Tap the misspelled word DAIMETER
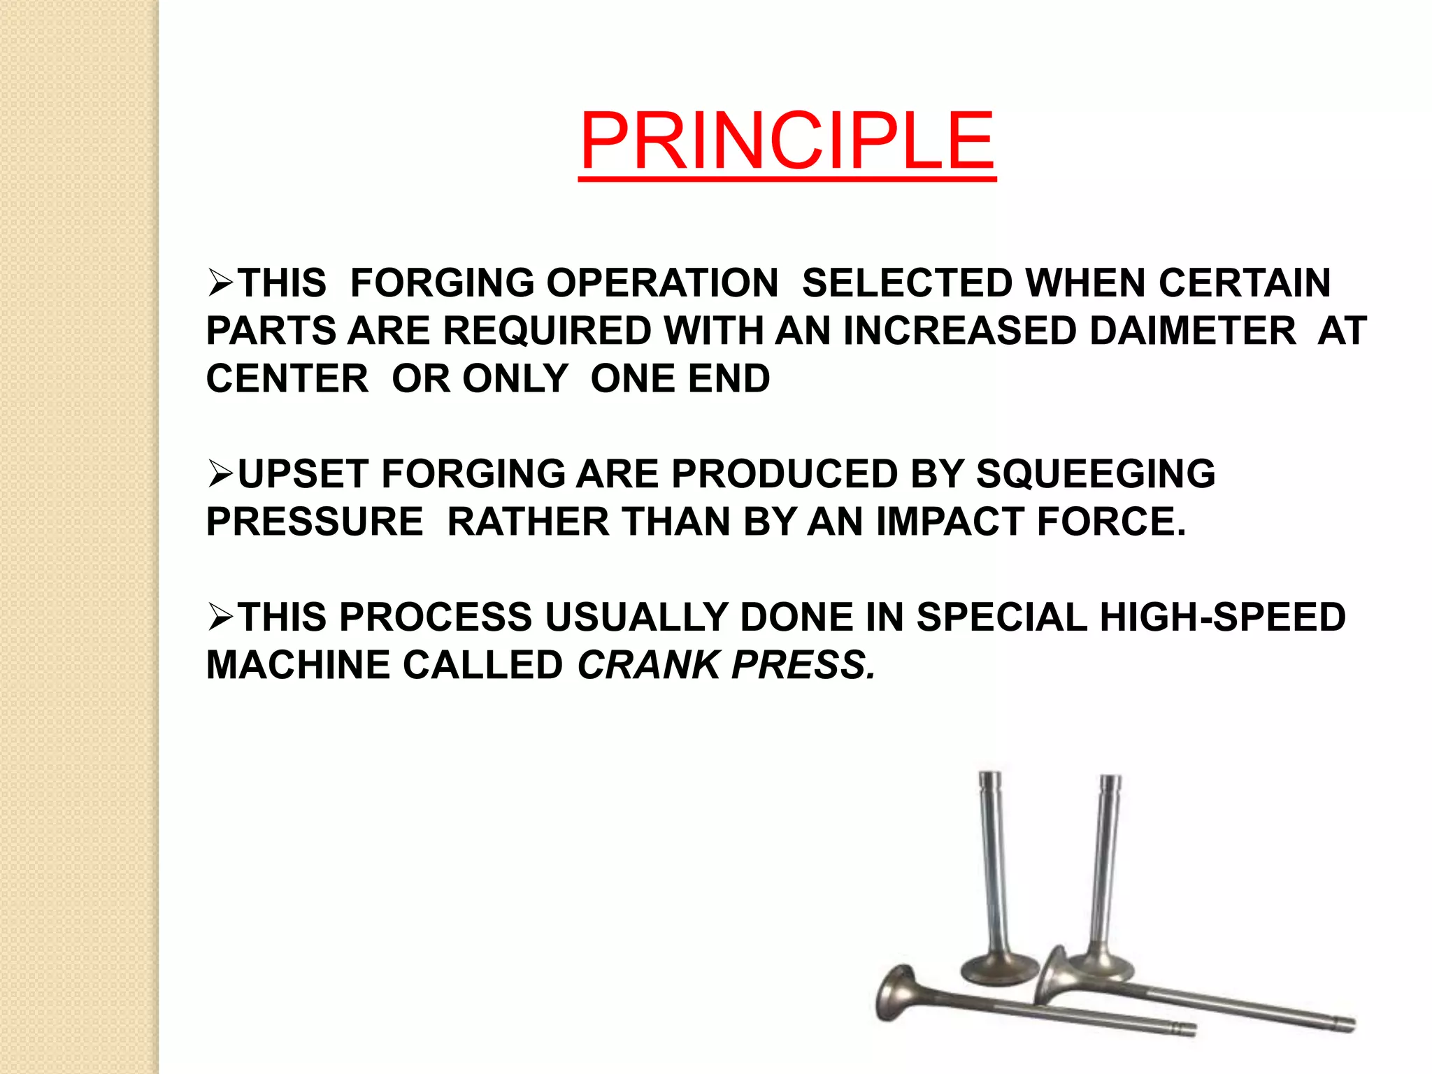click(x=1193, y=331)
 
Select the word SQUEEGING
click(x=1096, y=474)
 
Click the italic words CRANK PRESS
click(x=726, y=665)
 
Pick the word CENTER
click(x=287, y=379)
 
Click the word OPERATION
click(x=661, y=283)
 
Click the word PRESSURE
click(x=315, y=522)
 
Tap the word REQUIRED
click(x=547, y=331)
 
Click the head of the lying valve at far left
click(x=896, y=993)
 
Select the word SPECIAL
click(x=1001, y=617)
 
